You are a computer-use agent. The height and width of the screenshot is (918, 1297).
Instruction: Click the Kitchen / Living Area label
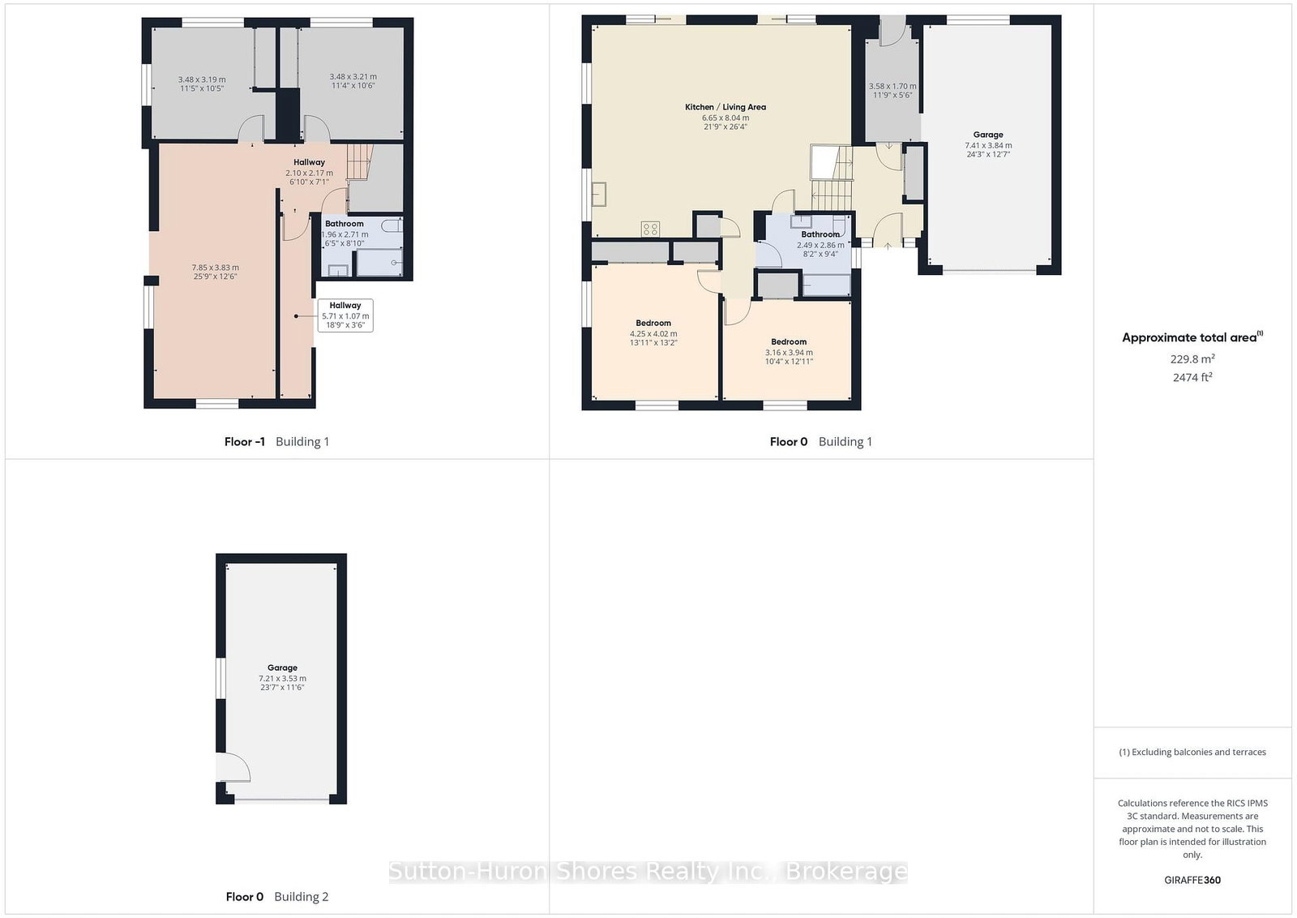click(725, 107)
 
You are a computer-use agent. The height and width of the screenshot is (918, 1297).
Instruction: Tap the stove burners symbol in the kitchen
click(650, 229)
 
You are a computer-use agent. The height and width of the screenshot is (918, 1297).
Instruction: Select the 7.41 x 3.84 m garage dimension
click(988, 145)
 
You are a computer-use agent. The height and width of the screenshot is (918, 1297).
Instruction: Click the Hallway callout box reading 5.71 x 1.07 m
click(345, 315)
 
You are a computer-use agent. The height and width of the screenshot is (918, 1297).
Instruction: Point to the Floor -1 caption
click(244, 442)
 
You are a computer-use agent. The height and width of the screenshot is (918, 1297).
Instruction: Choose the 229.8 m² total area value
click(1192, 359)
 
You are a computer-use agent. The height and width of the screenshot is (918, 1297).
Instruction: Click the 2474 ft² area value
click(1192, 377)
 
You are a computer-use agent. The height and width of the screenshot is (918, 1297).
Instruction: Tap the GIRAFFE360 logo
click(1192, 881)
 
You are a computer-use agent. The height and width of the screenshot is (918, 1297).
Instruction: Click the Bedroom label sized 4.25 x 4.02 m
click(653, 324)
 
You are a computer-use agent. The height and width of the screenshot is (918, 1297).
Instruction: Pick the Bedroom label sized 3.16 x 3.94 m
click(789, 341)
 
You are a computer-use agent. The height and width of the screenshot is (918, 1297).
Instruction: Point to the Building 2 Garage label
click(282, 667)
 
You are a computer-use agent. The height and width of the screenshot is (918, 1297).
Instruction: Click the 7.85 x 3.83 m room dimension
click(216, 268)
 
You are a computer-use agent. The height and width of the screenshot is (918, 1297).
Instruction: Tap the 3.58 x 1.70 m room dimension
click(892, 86)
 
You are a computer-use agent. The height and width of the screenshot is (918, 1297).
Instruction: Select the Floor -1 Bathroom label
click(344, 224)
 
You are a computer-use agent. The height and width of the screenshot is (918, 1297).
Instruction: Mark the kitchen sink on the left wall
click(599, 194)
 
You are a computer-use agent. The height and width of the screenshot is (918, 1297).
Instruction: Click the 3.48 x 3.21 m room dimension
click(353, 76)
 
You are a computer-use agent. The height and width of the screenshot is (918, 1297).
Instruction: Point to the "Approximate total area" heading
click(1192, 337)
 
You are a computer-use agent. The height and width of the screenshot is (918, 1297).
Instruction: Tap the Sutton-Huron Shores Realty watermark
click(648, 871)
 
